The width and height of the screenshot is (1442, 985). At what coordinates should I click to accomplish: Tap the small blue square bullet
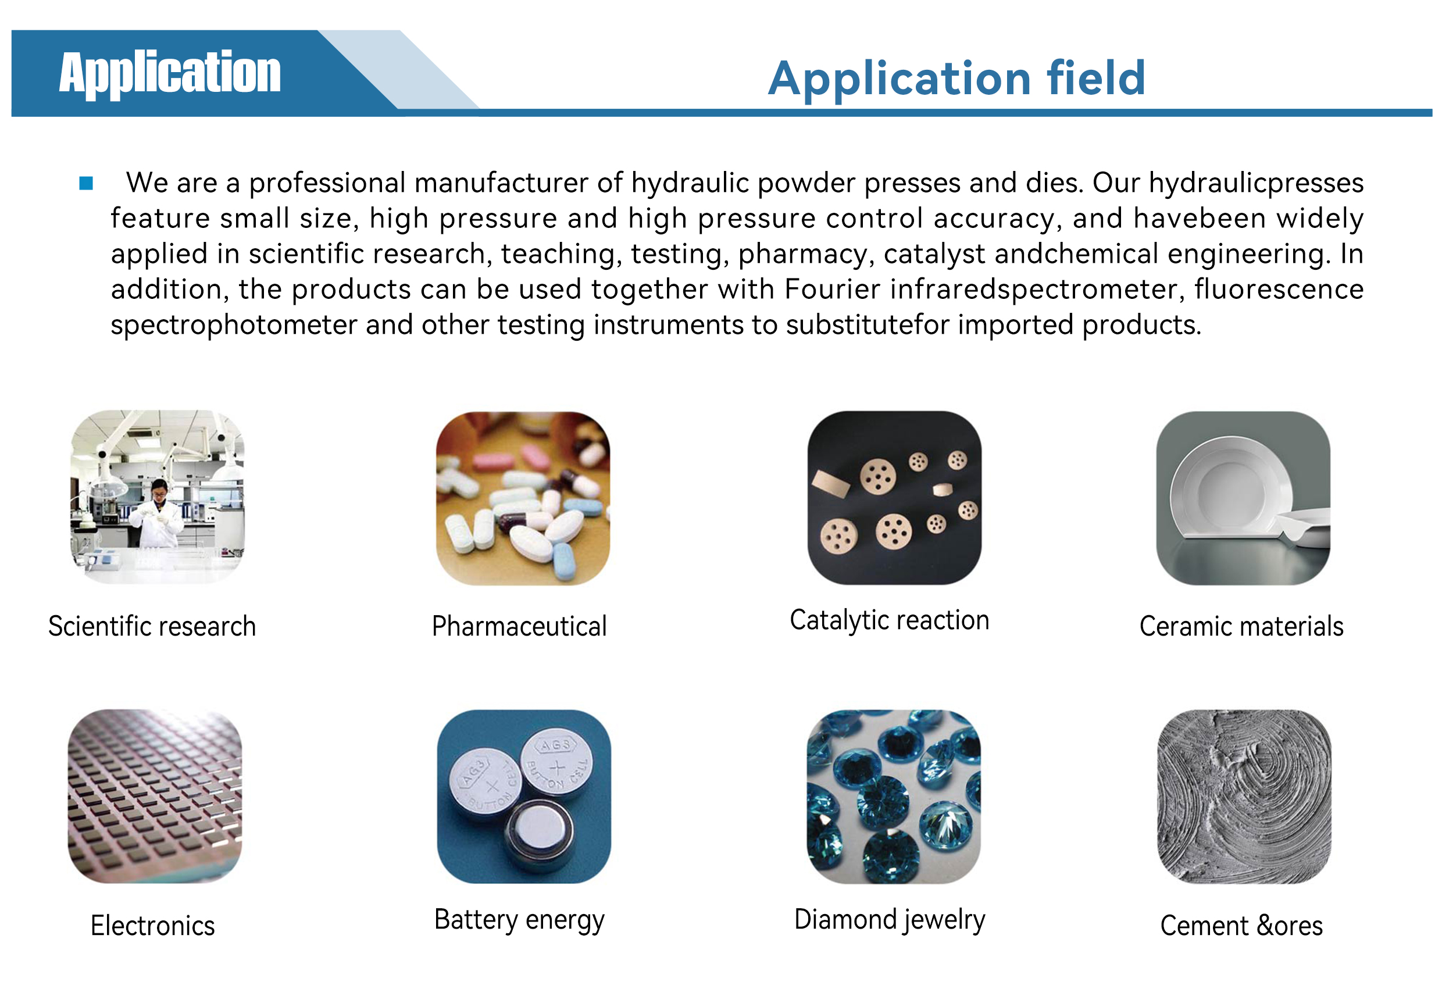(86, 183)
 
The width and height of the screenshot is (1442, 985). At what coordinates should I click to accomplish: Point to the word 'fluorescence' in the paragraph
(1279, 289)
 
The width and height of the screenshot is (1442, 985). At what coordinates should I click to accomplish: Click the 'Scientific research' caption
(152, 626)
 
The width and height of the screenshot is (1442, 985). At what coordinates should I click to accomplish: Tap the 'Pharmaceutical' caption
(519, 626)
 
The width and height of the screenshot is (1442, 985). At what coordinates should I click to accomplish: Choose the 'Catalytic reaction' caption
(889, 620)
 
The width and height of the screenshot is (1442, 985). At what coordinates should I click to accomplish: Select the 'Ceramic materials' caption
(1241, 626)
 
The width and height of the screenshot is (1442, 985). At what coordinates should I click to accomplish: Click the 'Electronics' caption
(153, 926)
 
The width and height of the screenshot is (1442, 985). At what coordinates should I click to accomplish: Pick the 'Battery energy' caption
(519, 920)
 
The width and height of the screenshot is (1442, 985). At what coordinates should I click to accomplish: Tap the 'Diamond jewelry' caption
(890, 920)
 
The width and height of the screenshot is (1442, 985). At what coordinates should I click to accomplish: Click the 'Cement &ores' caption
(1241, 926)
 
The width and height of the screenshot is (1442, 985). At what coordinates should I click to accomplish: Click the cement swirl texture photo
(1244, 797)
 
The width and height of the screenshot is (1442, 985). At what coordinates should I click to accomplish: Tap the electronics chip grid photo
(155, 797)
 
